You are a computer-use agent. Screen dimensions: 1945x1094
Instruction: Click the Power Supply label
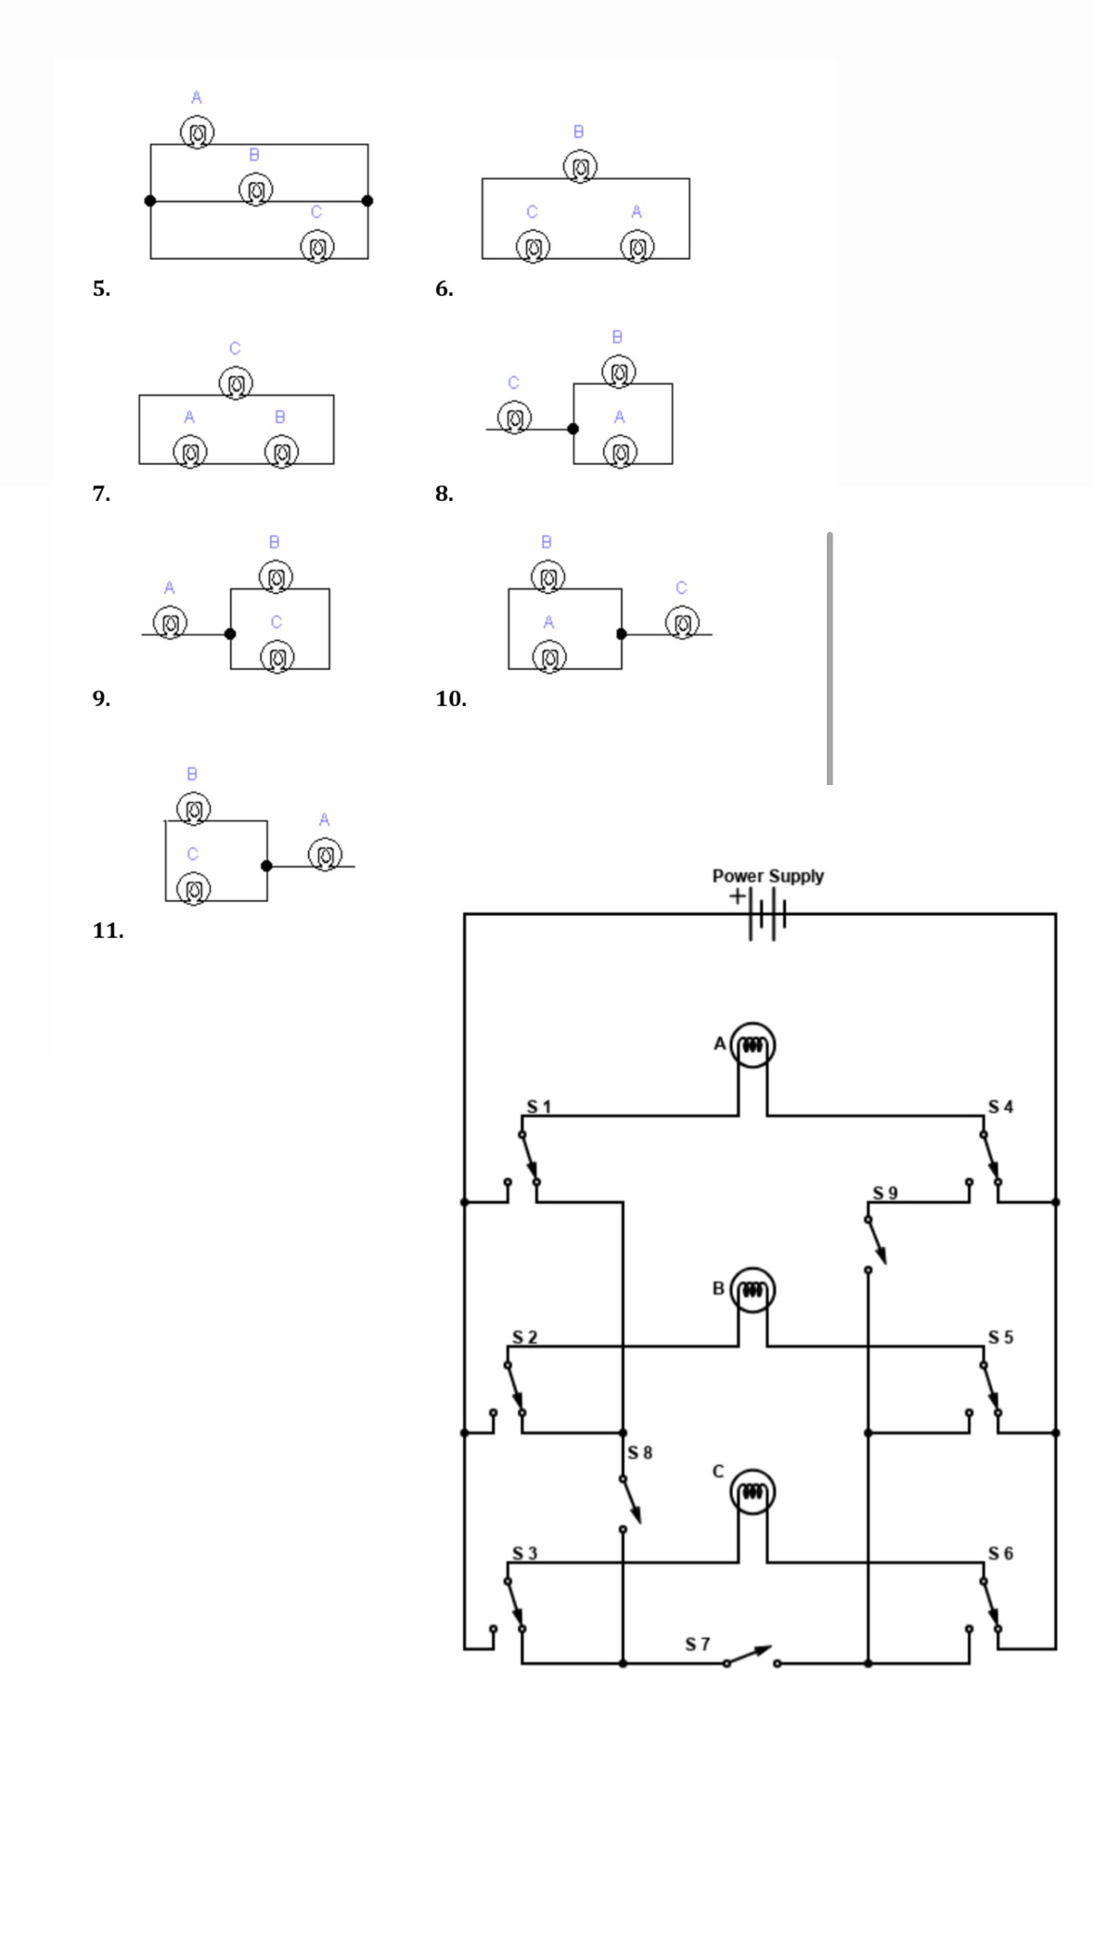pos(767,876)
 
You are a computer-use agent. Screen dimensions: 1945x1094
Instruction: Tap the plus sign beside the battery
pos(736,896)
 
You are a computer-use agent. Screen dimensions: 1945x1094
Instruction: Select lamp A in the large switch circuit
pos(753,1045)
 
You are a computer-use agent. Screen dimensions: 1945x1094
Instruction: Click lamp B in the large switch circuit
pos(753,1290)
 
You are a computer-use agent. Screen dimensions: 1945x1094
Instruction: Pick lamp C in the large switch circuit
pos(753,1492)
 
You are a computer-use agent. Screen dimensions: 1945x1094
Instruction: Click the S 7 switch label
pos(697,1644)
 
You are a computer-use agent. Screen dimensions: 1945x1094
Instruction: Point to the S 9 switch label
pos(884,1192)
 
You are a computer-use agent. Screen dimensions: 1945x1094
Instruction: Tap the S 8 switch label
pos(639,1452)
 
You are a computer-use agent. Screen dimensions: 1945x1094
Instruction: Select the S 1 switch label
pos(538,1106)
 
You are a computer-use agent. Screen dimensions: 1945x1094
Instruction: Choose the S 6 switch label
pos(1000,1553)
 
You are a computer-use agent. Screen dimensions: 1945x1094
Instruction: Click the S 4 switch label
pos(1000,1106)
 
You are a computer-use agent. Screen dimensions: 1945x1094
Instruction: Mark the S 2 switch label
pos(524,1337)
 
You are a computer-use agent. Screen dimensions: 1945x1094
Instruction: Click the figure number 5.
pos(100,289)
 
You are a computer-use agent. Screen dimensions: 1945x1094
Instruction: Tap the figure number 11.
pos(108,931)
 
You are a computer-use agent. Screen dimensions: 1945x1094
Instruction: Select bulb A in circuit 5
pos(197,133)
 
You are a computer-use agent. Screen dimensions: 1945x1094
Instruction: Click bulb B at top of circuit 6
pos(580,168)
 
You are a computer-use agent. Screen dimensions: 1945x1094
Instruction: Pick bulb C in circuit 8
pos(515,417)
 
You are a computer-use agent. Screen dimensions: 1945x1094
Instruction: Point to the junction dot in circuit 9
pos(230,634)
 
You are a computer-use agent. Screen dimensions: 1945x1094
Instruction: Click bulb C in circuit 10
pos(682,622)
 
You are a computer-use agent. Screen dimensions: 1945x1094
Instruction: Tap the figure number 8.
pos(444,494)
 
